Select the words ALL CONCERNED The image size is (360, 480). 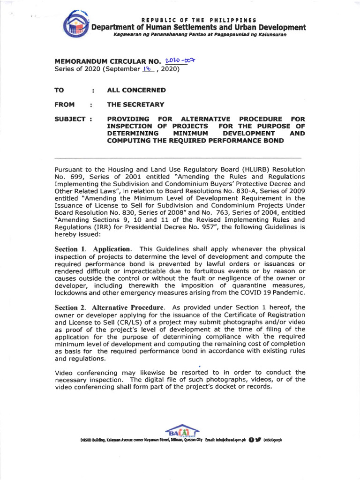pyautogui.click(x=136, y=90)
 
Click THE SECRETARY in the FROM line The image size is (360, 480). pyautogui.click(x=135, y=105)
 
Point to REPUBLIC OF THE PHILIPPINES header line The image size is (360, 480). pyautogui.click(x=199, y=20)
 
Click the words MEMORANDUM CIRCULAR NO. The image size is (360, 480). pyautogui.click(x=108, y=61)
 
